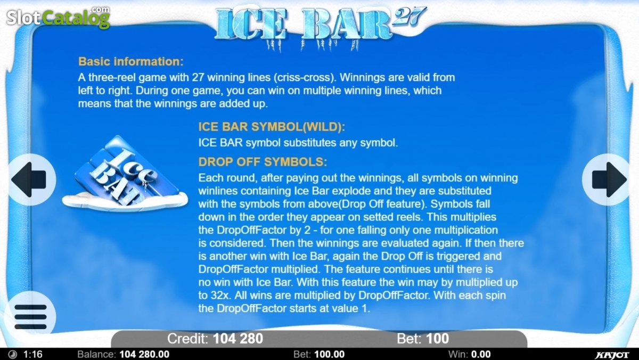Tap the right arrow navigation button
(607, 179)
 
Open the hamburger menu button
(30, 316)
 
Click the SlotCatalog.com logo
(58, 18)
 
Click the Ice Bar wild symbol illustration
(125, 174)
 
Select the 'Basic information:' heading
(130, 62)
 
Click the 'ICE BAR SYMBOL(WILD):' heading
(272, 127)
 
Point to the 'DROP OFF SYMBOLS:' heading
(263, 162)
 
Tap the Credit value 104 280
(238, 339)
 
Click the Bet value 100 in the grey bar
(437, 339)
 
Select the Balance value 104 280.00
(144, 354)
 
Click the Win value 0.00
(481, 354)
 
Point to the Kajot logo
(612, 355)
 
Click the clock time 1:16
(33, 354)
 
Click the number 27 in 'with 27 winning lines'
(198, 77)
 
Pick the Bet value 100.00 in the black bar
(330, 354)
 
